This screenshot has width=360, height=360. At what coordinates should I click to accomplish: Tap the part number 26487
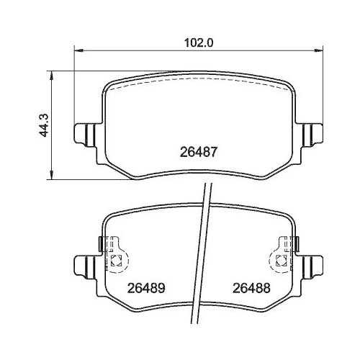tap(197, 153)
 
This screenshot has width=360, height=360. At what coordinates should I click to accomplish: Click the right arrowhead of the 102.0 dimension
tap(319, 50)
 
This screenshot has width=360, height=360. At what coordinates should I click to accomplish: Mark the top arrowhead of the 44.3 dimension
tap(50, 73)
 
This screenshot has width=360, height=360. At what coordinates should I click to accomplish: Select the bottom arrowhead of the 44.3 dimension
tap(50, 176)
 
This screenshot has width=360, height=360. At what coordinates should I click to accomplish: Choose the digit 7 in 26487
tap(214, 153)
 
